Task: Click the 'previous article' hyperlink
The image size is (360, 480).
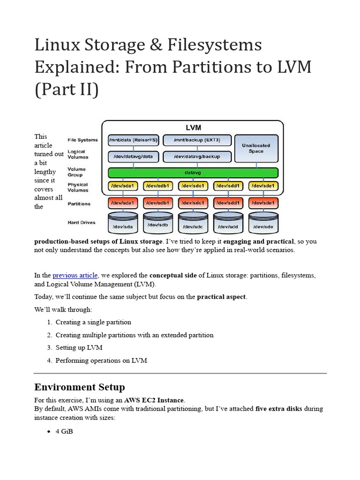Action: [x=75, y=275]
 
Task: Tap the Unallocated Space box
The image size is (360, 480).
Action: [x=256, y=148]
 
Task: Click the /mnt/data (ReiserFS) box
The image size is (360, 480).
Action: [x=134, y=140]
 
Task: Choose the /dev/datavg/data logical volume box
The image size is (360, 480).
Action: [x=134, y=156]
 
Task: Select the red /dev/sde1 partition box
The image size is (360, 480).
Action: [x=263, y=203]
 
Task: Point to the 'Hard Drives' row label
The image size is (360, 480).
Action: [x=82, y=222]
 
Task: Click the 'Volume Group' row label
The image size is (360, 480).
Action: [x=77, y=172]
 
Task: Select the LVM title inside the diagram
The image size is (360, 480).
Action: [x=193, y=127]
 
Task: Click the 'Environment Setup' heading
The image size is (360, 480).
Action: [x=80, y=387]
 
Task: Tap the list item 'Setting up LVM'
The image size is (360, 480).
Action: [x=79, y=348]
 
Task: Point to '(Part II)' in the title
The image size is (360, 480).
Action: [x=66, y=89]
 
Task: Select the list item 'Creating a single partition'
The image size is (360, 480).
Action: [x=93, y=322]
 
